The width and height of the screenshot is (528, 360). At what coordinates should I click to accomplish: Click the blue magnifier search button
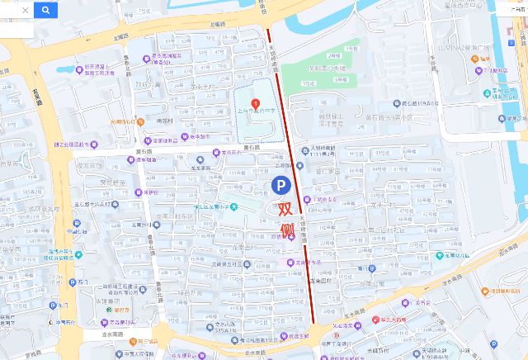(46, 10)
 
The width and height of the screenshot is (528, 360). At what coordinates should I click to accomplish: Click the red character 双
(285, 208)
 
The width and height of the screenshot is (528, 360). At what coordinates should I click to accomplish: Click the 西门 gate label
(82, 282)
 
